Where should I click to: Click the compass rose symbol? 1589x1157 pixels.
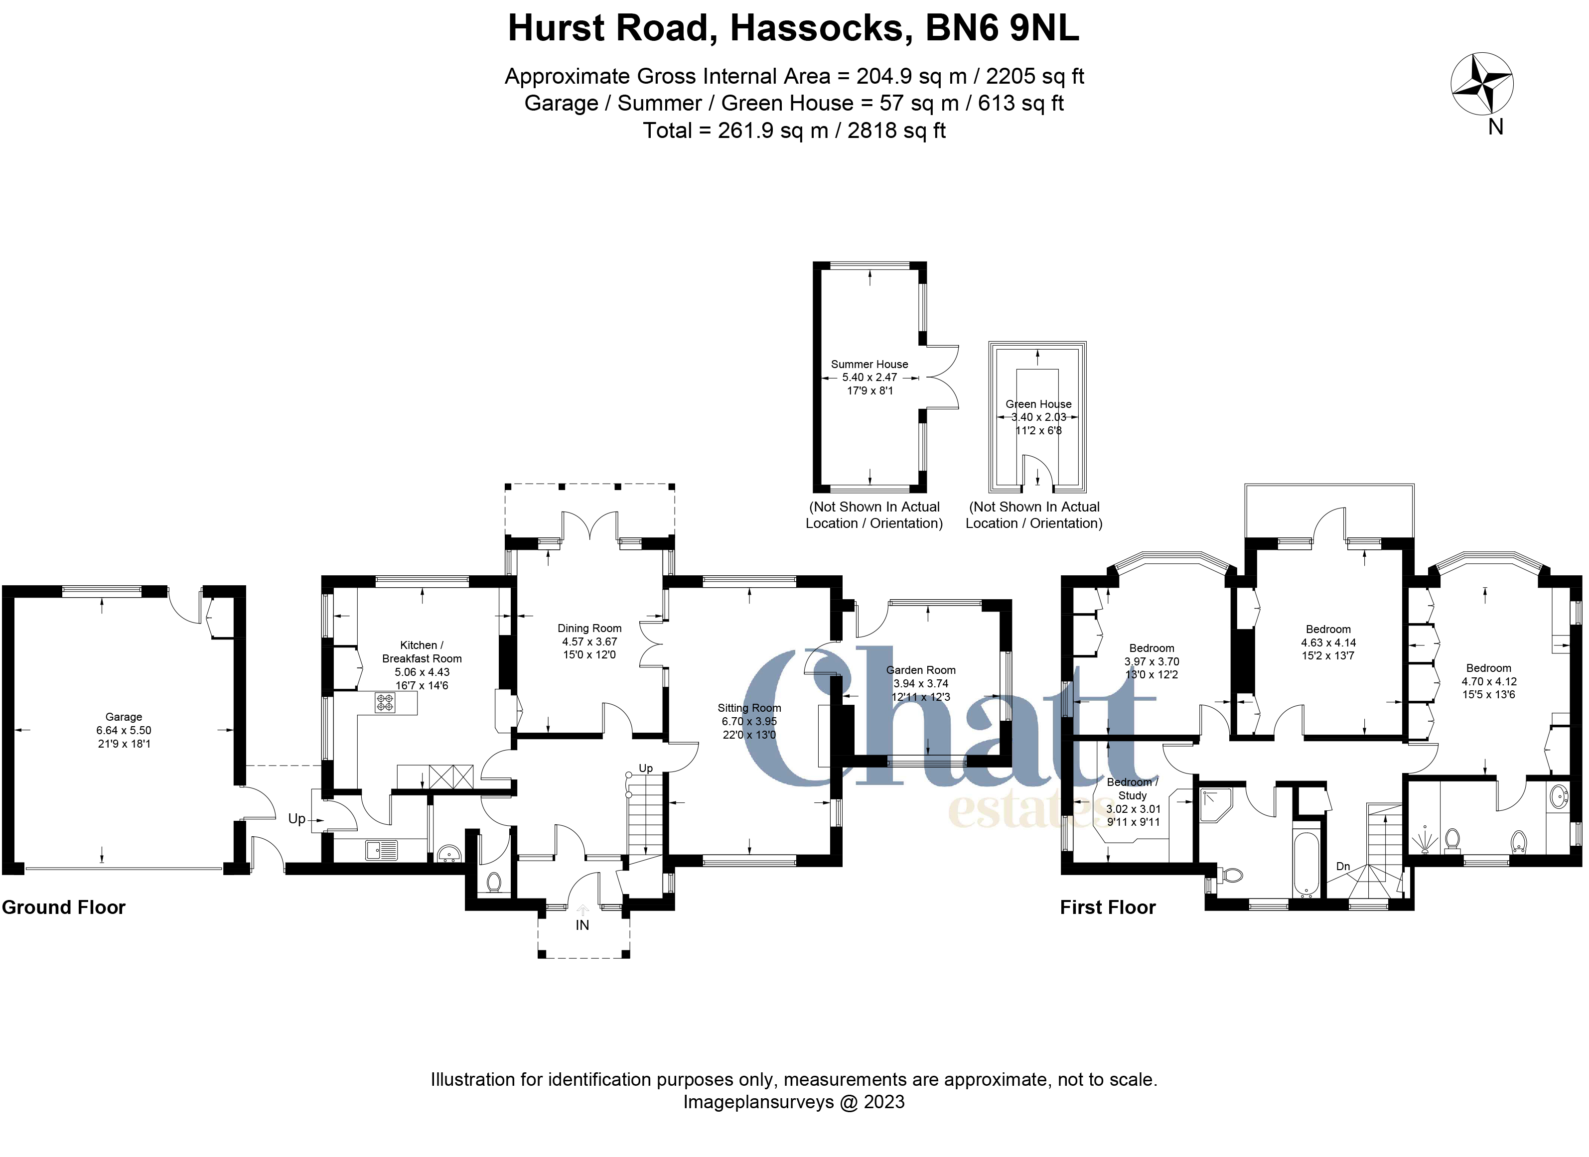click(1482, 83)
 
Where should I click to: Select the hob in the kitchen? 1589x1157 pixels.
click(385, 702)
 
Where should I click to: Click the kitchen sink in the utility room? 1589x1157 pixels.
click(381, 850)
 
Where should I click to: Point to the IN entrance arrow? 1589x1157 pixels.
click(582, 910)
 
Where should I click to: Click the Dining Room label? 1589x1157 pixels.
click(589, 628)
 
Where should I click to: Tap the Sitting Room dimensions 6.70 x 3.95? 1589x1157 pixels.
click(749, 721)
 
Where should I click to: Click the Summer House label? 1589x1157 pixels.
click(869, 364)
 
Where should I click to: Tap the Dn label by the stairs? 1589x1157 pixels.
click(1342, 866)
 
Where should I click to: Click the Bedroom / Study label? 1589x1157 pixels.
click(1132, 788)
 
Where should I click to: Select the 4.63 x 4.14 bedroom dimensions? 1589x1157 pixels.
click(1328, 642)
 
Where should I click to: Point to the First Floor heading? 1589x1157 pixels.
click(1107, 907)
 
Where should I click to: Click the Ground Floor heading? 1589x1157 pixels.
click(63, 907)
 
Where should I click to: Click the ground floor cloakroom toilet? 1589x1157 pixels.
click(494, 881)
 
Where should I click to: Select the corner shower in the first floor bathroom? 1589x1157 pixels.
click(1214, 804)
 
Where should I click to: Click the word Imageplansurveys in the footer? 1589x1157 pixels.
click(758, 1102)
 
